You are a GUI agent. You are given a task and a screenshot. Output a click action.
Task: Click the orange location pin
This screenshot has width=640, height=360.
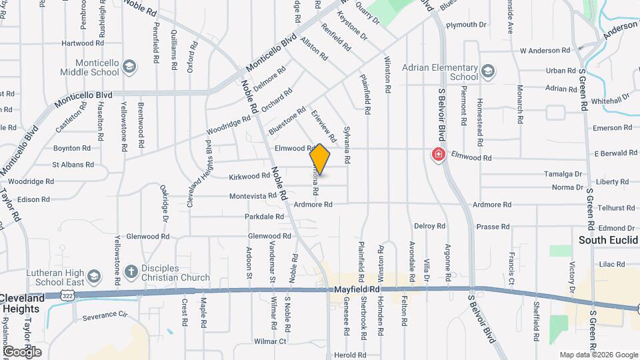coord(320,159)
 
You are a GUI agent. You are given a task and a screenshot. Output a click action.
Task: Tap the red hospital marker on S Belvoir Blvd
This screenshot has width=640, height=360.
coord(439,155)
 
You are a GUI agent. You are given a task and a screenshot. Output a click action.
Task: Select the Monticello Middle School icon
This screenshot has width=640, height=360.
coord(129,66)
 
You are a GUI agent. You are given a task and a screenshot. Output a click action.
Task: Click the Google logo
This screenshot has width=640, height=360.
coord(22,351)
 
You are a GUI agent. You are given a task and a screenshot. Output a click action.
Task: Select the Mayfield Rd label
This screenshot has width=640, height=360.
coord(357,290)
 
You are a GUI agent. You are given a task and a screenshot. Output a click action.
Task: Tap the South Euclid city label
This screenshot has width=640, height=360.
coord(608,240)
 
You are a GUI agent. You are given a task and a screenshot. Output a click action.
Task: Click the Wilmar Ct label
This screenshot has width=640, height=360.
coord(270,341)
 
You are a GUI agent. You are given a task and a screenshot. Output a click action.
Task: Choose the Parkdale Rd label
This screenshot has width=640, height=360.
coord(265,217)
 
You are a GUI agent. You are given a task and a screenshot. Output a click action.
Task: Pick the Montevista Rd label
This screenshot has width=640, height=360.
coord(253,196)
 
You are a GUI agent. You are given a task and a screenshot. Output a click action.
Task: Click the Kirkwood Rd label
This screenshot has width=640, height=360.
coord(249,177)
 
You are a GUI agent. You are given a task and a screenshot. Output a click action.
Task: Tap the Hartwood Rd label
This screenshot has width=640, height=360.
coord(77,43)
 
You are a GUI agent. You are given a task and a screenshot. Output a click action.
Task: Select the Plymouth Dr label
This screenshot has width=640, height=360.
coord(466,25)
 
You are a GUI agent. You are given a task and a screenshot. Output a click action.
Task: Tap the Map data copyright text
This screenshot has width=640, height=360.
coord(597,355)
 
